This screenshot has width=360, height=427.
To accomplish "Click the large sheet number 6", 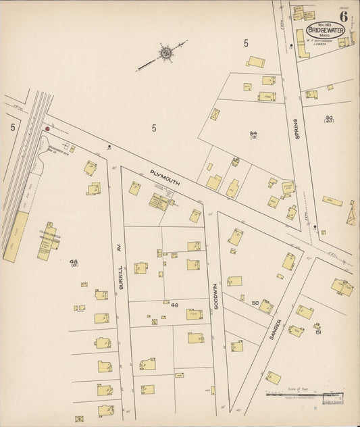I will click(x=344, y=16).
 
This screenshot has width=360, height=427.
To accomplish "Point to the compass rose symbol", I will click(x=164, y=52).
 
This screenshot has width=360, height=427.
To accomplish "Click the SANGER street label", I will click(x=275, y=329).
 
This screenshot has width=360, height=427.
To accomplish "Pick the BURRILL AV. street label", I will click(x=120, y=277).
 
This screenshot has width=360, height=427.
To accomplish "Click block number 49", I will click(x=174, y=305).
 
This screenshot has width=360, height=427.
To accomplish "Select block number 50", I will click(x=255, y=303).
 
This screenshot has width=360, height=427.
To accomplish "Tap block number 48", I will click(x=74, y=261).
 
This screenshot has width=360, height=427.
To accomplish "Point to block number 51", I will click(x=317, y=332).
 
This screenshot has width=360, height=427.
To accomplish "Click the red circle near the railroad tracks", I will click(x=47, y=128).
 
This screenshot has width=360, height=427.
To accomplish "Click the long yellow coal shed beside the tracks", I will click(x=16, y=236).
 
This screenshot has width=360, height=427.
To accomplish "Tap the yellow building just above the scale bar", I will click(x=273, y=378).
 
